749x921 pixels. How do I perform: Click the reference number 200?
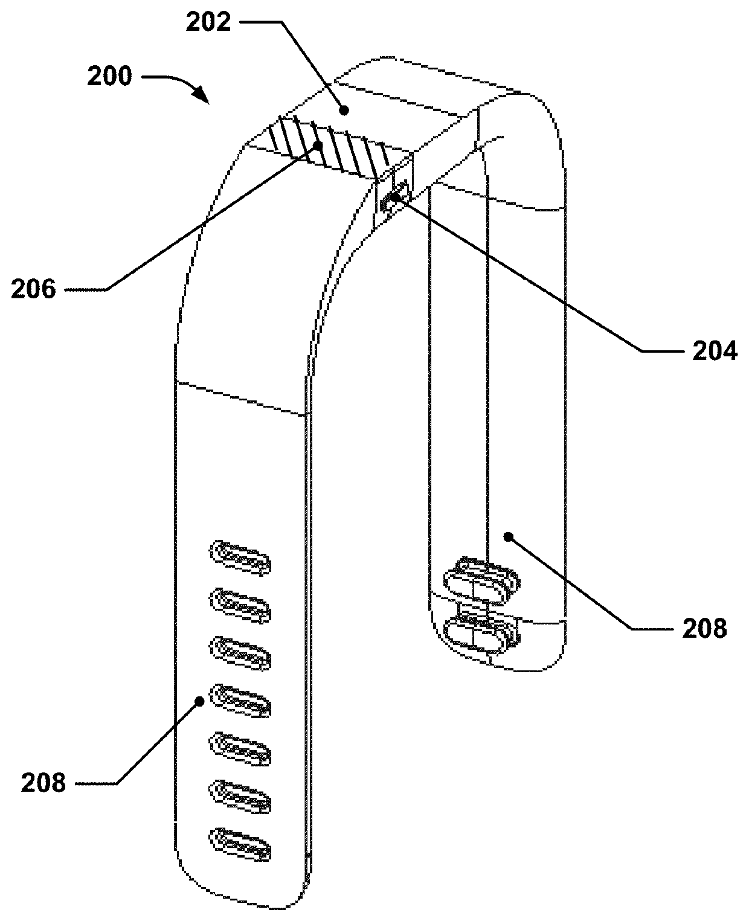click(x=109, y=77)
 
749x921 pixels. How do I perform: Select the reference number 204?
click(x=715, y=351)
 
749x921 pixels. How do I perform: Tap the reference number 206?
click(x=33, y=289)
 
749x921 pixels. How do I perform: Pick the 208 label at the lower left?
click(x=43, y=783)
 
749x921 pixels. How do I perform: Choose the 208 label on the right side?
click(x=705, y=629)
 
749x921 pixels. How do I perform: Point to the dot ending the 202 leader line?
click(x=344, y=110)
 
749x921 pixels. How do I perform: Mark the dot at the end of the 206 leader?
click(x=318, y=146)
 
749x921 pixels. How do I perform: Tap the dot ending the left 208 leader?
click(x=199, y=701)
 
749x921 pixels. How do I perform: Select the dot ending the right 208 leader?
click(x=509, y=536)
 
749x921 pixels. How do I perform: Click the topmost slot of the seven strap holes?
click(x=240, y=557)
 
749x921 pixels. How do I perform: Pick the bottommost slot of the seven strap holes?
click(x=240, y=844)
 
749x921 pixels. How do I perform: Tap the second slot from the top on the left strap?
click(x=240, y=605)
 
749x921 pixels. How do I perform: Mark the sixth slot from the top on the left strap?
click(x=240, y=796)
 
